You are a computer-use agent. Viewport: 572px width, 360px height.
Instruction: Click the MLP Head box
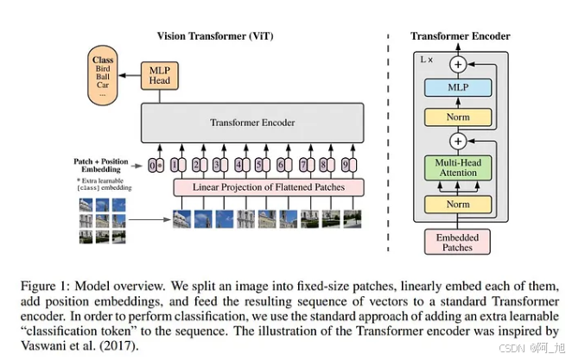click(158, 75)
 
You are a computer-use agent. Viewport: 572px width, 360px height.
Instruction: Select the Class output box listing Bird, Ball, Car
click(104, 77)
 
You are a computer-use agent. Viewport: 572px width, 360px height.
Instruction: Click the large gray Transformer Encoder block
click(252, 123)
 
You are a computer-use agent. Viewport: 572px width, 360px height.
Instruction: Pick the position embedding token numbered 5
click(258, 165)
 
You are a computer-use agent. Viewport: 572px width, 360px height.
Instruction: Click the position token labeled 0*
click(156, 165)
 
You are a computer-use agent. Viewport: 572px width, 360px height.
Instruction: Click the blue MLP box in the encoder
click(457, 86)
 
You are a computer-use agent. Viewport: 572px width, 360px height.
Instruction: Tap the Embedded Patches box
click(457, 241)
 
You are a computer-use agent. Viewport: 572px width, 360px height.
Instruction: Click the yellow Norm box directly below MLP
click(457, 117)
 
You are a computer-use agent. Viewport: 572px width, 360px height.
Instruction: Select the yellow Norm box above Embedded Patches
click(457, 205)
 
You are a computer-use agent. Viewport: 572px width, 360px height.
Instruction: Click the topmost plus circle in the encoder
click(458, 63)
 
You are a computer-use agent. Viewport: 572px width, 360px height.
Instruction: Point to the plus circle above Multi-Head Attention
click(458, 140)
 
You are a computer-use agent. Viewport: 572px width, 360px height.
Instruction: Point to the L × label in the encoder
click(427, 60)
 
